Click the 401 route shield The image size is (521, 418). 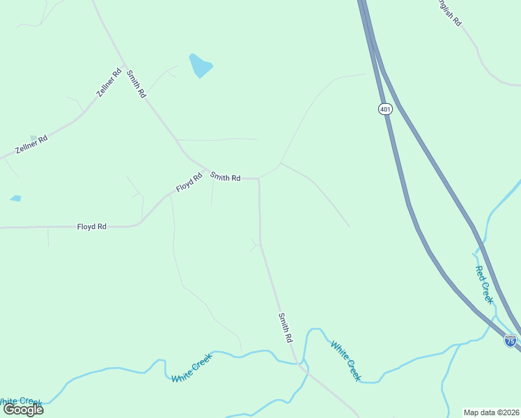pos(385,109)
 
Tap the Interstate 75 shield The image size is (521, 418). pos(511,340)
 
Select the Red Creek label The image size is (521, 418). pos(484,284)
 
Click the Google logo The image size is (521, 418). pos(24,409)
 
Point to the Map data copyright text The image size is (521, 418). pos(492,412)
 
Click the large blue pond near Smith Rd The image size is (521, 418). pos(200,65)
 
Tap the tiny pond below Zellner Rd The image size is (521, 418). pos(15,199)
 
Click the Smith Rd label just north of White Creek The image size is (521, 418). pos(285,327)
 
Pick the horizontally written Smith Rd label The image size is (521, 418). pos(226,178)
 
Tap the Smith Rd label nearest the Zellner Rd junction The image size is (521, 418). pos(137,83)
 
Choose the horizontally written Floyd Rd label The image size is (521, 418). pos(91,226)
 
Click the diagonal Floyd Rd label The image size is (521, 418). pos(188,183)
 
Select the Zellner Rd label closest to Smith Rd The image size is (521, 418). pos(109,82)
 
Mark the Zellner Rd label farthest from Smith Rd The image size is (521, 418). pos(31,144)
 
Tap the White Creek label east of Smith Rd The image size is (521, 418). pos(345,361)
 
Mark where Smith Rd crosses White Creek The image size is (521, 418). pos(299,363)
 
